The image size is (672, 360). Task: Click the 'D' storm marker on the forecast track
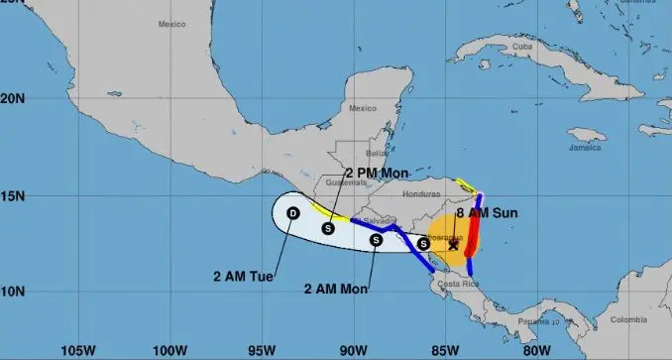click(293, 213)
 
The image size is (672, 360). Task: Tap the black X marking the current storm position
click(453, 245)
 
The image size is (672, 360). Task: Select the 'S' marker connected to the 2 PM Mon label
click(328, 229)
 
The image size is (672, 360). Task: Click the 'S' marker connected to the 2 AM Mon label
click(377, 239)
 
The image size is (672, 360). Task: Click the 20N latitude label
click(13, 99)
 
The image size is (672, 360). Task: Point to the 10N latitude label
click(13, 292)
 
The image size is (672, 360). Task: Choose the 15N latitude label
click(13, 196)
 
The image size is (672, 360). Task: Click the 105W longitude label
click(78, 350)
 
